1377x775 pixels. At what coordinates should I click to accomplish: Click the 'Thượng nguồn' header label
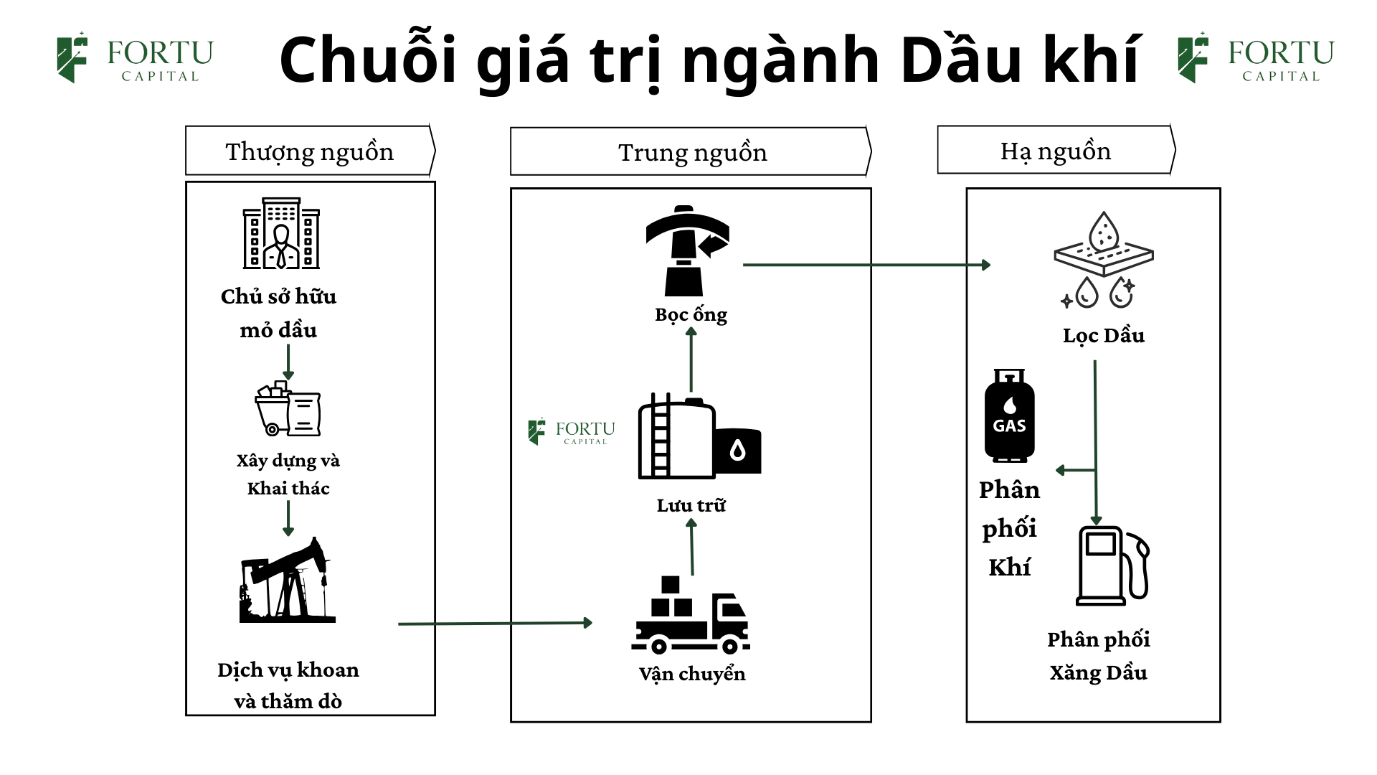(310, 151)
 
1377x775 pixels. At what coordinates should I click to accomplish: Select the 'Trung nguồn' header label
(692, 152)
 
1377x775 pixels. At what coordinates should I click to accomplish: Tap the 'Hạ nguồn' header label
(1056, 151)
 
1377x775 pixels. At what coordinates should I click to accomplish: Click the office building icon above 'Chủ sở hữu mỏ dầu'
(281, 233)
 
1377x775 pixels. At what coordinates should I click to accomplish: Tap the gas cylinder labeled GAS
(1009, 416)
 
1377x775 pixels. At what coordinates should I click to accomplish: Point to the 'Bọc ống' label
(691, 314)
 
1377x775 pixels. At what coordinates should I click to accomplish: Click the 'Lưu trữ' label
(691, 505)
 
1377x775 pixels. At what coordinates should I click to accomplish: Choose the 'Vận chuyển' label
(692, 674)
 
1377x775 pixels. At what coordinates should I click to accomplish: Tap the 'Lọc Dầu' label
(1103, 335)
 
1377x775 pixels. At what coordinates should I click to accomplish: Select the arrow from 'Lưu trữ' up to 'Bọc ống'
(691, 359)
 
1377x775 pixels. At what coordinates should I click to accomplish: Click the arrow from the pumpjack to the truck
(495, 624)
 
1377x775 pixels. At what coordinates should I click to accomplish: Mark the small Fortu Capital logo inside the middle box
(572, 431)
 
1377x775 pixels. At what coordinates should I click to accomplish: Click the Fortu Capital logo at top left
(135, 57)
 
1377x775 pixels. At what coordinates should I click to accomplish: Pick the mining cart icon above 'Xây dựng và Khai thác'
(288, 408)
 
